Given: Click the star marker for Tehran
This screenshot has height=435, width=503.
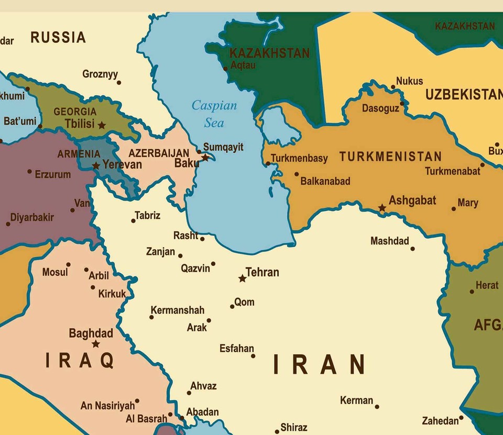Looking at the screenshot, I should point(242,278).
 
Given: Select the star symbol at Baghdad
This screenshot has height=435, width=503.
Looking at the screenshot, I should point(95,344).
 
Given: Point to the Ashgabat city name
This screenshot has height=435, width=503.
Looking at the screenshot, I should point(412,200).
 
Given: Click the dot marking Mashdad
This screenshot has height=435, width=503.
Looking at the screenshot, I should point(413,249).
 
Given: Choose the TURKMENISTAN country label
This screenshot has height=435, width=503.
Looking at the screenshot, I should point(390,157).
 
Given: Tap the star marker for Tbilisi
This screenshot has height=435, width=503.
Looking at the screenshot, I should point(102,126).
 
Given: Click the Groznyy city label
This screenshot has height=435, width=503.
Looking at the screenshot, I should point(100,74).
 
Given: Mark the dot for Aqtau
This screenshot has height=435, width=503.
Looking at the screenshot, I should point(226,68).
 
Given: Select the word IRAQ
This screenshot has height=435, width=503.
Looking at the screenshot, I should point(80,361).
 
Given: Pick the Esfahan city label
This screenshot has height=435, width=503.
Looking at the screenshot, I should point(236,349).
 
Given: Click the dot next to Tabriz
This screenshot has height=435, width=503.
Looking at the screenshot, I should point(133,221).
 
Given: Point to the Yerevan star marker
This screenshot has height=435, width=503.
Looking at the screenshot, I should point(96,166).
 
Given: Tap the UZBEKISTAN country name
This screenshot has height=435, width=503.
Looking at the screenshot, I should point(463,95).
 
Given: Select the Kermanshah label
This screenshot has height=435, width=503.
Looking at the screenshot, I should point(177,310).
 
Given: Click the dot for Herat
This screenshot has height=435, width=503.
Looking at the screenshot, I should point(472,292).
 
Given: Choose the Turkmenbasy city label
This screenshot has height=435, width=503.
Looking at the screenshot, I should point(299,158).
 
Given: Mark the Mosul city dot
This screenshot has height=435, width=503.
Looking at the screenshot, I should point(68,265).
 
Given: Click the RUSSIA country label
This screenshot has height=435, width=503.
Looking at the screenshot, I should point(58,38).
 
